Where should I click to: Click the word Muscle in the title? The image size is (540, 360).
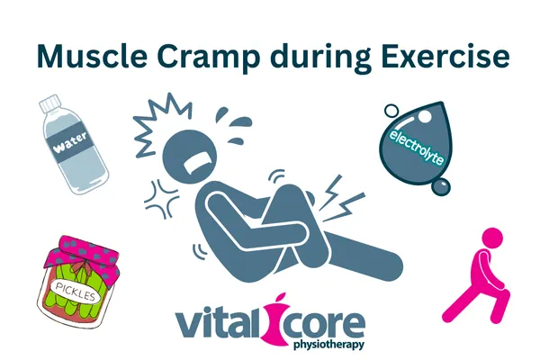(92, 56)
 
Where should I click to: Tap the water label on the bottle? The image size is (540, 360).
(70, 143)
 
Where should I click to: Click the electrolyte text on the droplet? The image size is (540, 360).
(416, 147)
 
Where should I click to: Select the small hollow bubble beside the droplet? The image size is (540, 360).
(391, 112)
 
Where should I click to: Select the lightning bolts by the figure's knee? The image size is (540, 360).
(342, 199)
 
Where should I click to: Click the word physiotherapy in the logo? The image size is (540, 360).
(328, 345)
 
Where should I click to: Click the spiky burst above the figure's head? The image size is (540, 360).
(162, 122)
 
